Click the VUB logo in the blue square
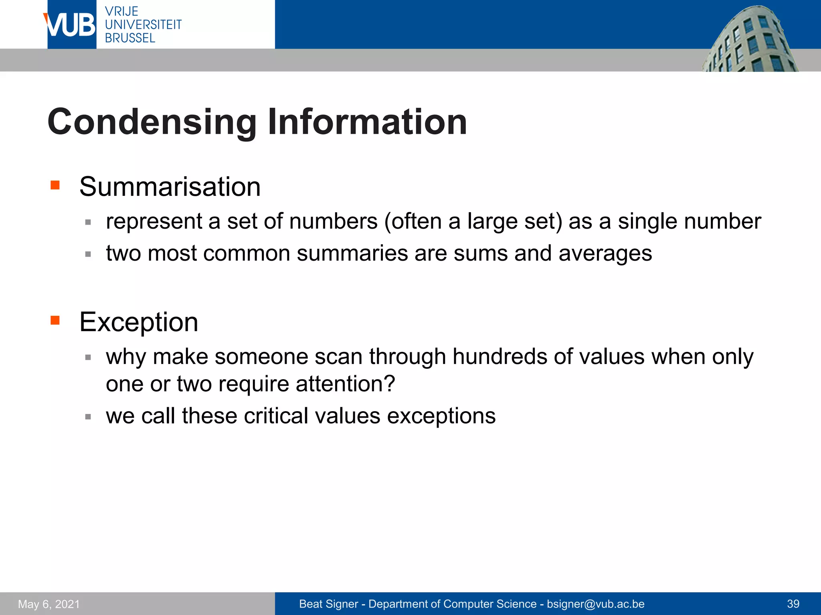click(71, 25)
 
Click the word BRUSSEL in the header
click(130, 38)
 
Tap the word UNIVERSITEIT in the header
click(143, 24)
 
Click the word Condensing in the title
click(152, 122)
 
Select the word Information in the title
click(367, 122)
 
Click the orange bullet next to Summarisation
click(55, 185)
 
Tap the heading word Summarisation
click(170, 187)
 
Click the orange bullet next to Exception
click(55, 320)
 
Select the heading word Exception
click(139, 322)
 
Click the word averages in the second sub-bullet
click(605, 253)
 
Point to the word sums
click(481, 253)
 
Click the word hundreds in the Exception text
click(499, 356)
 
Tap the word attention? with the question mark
click(345, 384)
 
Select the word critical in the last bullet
click(276, 416)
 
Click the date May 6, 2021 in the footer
click(49, 604)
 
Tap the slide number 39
click(793, 604)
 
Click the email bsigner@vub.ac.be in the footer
click(595, 604)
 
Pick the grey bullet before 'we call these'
click(88, 417)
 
